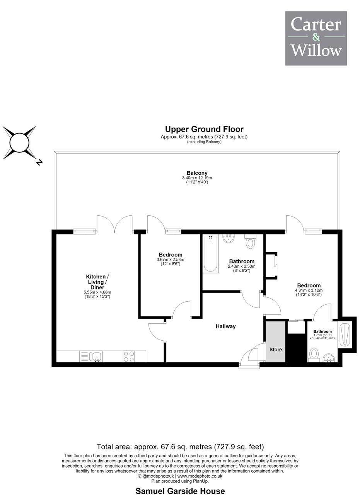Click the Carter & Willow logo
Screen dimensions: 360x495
(316, 38)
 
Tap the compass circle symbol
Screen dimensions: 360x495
(19, 143)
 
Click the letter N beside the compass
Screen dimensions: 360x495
(39, 162)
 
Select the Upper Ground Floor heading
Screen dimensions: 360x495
(204, 129)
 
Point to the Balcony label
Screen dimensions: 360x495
(197, 173)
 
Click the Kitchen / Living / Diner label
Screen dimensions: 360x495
(97, 282)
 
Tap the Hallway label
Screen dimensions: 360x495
(226, 326)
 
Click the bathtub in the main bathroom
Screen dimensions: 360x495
(210, 254)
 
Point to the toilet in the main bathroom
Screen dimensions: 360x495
(250, 241)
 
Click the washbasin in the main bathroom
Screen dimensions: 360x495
(229, 239)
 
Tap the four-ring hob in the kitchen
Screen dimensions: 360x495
(129, 356)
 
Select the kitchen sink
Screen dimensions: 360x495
(95, 357)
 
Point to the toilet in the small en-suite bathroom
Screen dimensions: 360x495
(314, 355)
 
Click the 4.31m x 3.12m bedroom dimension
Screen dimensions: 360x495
(309, 290)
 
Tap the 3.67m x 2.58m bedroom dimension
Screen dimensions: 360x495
(171, 259)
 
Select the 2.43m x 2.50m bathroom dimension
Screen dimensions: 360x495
(242, 266)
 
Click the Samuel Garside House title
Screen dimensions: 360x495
(180, 491)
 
